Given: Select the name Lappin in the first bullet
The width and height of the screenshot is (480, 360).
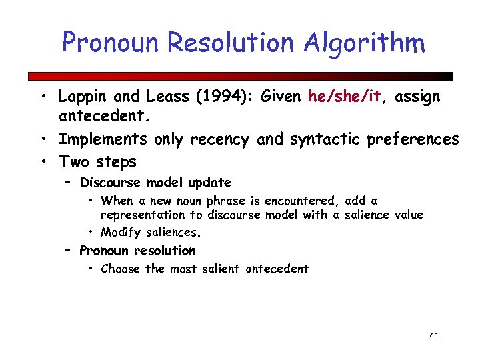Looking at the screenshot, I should click(x=82, y=97).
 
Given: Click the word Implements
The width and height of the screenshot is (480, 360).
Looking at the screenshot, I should click(x=103, y=139).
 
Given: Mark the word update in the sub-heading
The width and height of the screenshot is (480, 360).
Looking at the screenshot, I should click(x=209, y=183).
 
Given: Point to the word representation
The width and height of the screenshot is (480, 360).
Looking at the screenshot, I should click(x=142, y=215).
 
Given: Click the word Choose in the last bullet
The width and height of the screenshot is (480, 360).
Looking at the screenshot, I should click(x=121, y=269).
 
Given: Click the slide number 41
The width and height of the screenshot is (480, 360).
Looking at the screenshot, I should click(x=433, y=336).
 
